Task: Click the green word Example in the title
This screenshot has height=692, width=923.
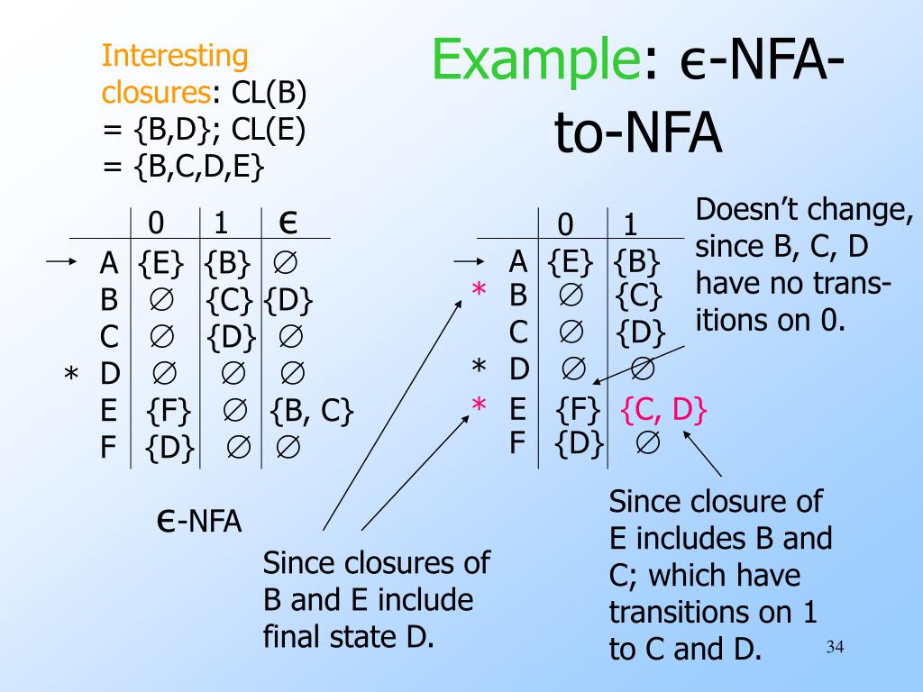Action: click(535, 60)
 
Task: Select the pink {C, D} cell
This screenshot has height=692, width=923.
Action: click(664, 410)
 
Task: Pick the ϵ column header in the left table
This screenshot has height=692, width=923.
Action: click(290, 221)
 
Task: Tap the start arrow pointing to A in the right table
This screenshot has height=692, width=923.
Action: click(467, 262)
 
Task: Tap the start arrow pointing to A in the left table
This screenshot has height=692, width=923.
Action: click(60, 262)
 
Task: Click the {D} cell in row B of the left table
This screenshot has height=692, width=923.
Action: click(288, 299)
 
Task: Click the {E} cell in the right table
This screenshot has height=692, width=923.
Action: click(571, 262)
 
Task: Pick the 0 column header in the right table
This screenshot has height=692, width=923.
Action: click(565, 223)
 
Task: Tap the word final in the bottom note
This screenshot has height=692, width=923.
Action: click(293, 637)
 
